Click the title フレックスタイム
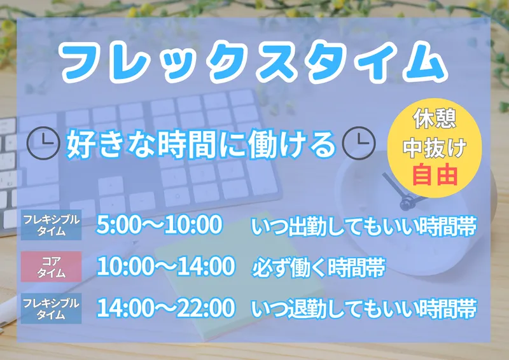[253, 62]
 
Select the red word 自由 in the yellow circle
[435, 175]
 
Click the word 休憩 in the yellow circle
[435, 118]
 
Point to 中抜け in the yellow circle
[435, 147]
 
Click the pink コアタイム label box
[52, 267]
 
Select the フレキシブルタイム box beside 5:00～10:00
[52, 225]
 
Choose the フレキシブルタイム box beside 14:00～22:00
[52, 308]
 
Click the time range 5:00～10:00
[160, 225]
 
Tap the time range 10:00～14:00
[165, 267]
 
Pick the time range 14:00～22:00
[165, 308]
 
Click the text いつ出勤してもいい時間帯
[364, 226]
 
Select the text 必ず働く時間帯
[319, 268]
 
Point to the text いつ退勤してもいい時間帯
[364, 308]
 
